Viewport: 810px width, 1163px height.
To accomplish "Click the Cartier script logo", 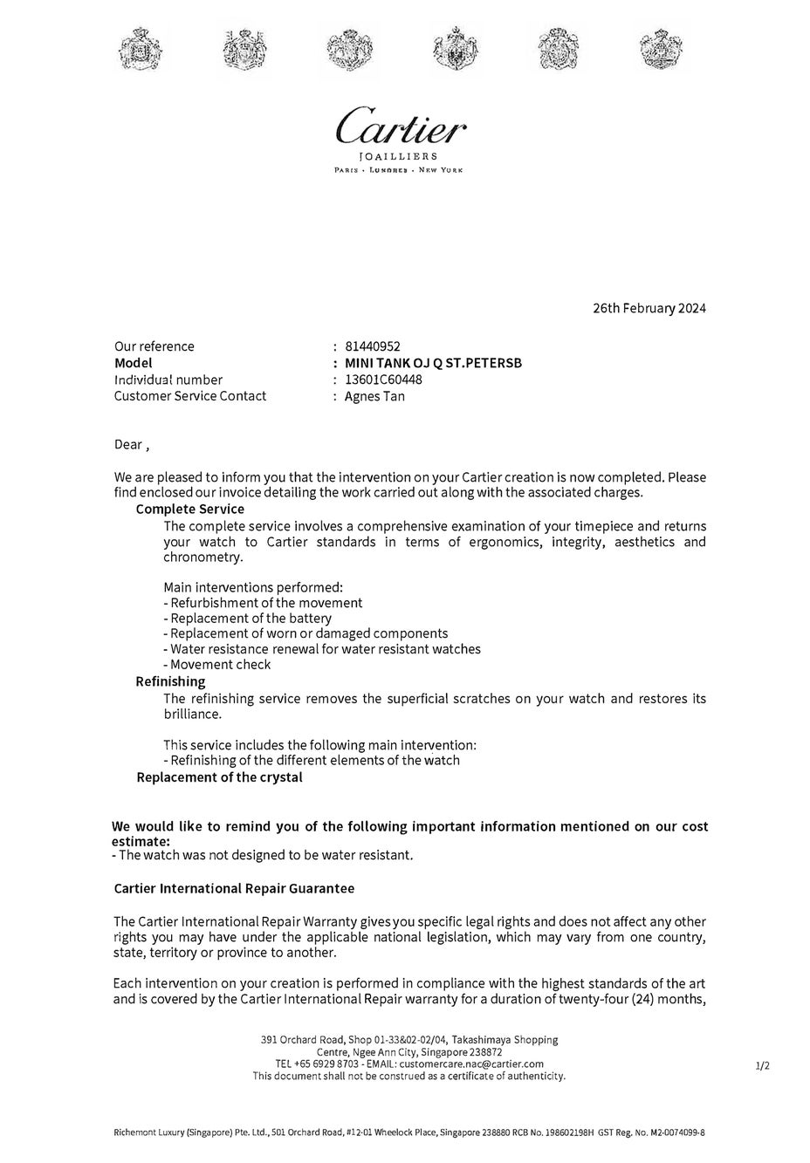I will point(401,128).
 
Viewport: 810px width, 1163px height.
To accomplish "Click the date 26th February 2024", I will point(649,308).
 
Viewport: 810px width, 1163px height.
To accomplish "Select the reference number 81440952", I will point(373,346).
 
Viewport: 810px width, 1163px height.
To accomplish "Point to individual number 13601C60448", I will point(383,380).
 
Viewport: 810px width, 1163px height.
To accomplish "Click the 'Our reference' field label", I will point(154,346).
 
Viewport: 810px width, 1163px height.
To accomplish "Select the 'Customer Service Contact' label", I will point(190,396).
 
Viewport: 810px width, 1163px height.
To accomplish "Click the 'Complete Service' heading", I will point(190,509).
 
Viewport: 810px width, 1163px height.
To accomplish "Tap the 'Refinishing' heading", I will point(170,681).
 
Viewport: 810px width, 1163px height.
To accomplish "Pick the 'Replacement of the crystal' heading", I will point(219,777).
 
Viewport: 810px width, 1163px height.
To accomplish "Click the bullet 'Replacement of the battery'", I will point(247,619).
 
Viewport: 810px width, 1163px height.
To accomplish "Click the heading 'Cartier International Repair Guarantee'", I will point(234,888).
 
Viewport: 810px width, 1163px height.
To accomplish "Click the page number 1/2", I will point(762,1065).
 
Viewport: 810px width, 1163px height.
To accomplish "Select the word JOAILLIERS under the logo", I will point(399,156).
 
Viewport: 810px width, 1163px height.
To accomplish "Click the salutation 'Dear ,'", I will point(132,445).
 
